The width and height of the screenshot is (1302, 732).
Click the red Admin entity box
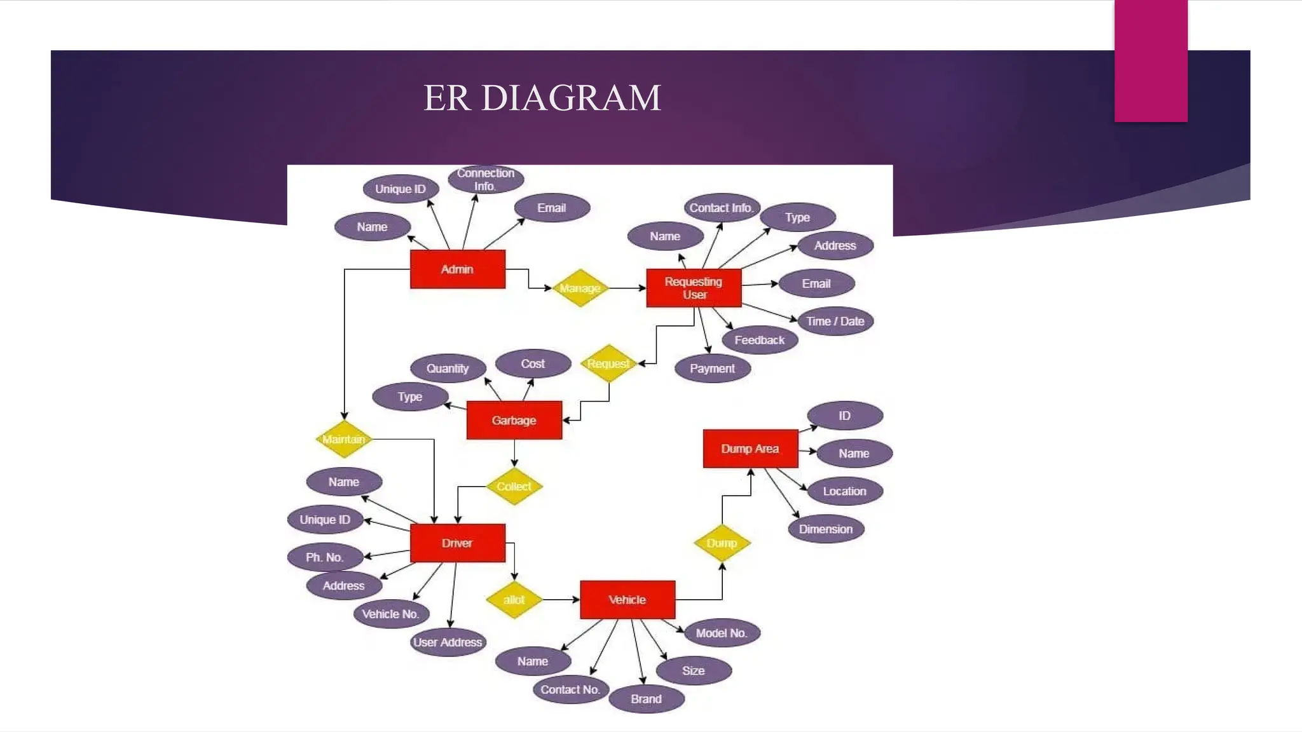point(457,269)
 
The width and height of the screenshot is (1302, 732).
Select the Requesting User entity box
point(694,288)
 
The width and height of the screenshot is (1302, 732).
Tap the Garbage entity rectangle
point(514,420)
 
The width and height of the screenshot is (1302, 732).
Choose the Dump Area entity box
point(750,449)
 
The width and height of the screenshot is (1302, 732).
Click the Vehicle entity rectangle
point(627,599)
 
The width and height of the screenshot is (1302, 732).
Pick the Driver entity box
point(457,543)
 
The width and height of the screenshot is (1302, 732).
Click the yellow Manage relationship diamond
point(580,288)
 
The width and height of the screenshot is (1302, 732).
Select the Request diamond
point(608,363)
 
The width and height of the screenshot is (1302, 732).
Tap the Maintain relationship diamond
point(344,439)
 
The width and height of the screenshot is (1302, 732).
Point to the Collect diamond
point(514,486)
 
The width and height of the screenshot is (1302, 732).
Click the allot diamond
point(514,599)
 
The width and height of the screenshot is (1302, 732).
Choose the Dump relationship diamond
point(722,543)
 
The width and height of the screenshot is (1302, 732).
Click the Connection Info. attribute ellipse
point(486,179)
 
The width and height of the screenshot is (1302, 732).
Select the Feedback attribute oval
point(760,340)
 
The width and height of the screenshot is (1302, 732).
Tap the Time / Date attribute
point(835,321)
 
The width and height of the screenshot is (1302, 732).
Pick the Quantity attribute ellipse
point(448,369)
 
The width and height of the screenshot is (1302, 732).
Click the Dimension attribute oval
point(826,529)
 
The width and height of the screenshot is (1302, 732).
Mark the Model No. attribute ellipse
point(722,633)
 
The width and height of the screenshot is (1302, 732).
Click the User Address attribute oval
point(448,642)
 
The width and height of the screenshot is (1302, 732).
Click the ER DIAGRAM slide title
point(542,98)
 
